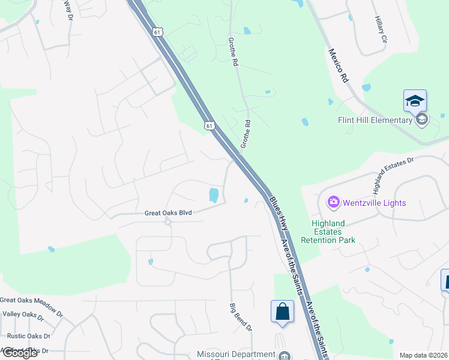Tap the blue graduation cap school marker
pyautogui.click(x=415, y=101)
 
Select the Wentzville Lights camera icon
pyautogui.click(x=334, y=202)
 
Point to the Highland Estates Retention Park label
pyautogui.click(x=333, y=232)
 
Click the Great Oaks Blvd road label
pyautogui.click(x=167, y=212)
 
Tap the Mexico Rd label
pyautogui.click(x=338, y=65)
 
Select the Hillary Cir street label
pyautogui.click(x=380, y=29)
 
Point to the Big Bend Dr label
pyautogui.click(x=241, y=317)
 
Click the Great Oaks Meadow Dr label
pyautogui.click(x=31, y=300)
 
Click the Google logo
pyautogui.click(x=19, y=352)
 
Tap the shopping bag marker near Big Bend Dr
pyautogui.click(x=283, y=311)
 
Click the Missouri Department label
pyautogui.click(x=237, y=355)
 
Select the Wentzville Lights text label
pyautogui.click(x=375, y=203)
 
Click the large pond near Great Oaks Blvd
pyautogui.click(x=213, y=195)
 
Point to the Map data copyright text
pyautogui.click(x=423, y=355)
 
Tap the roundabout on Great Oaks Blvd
pyautogui.click(x=168, y=221)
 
